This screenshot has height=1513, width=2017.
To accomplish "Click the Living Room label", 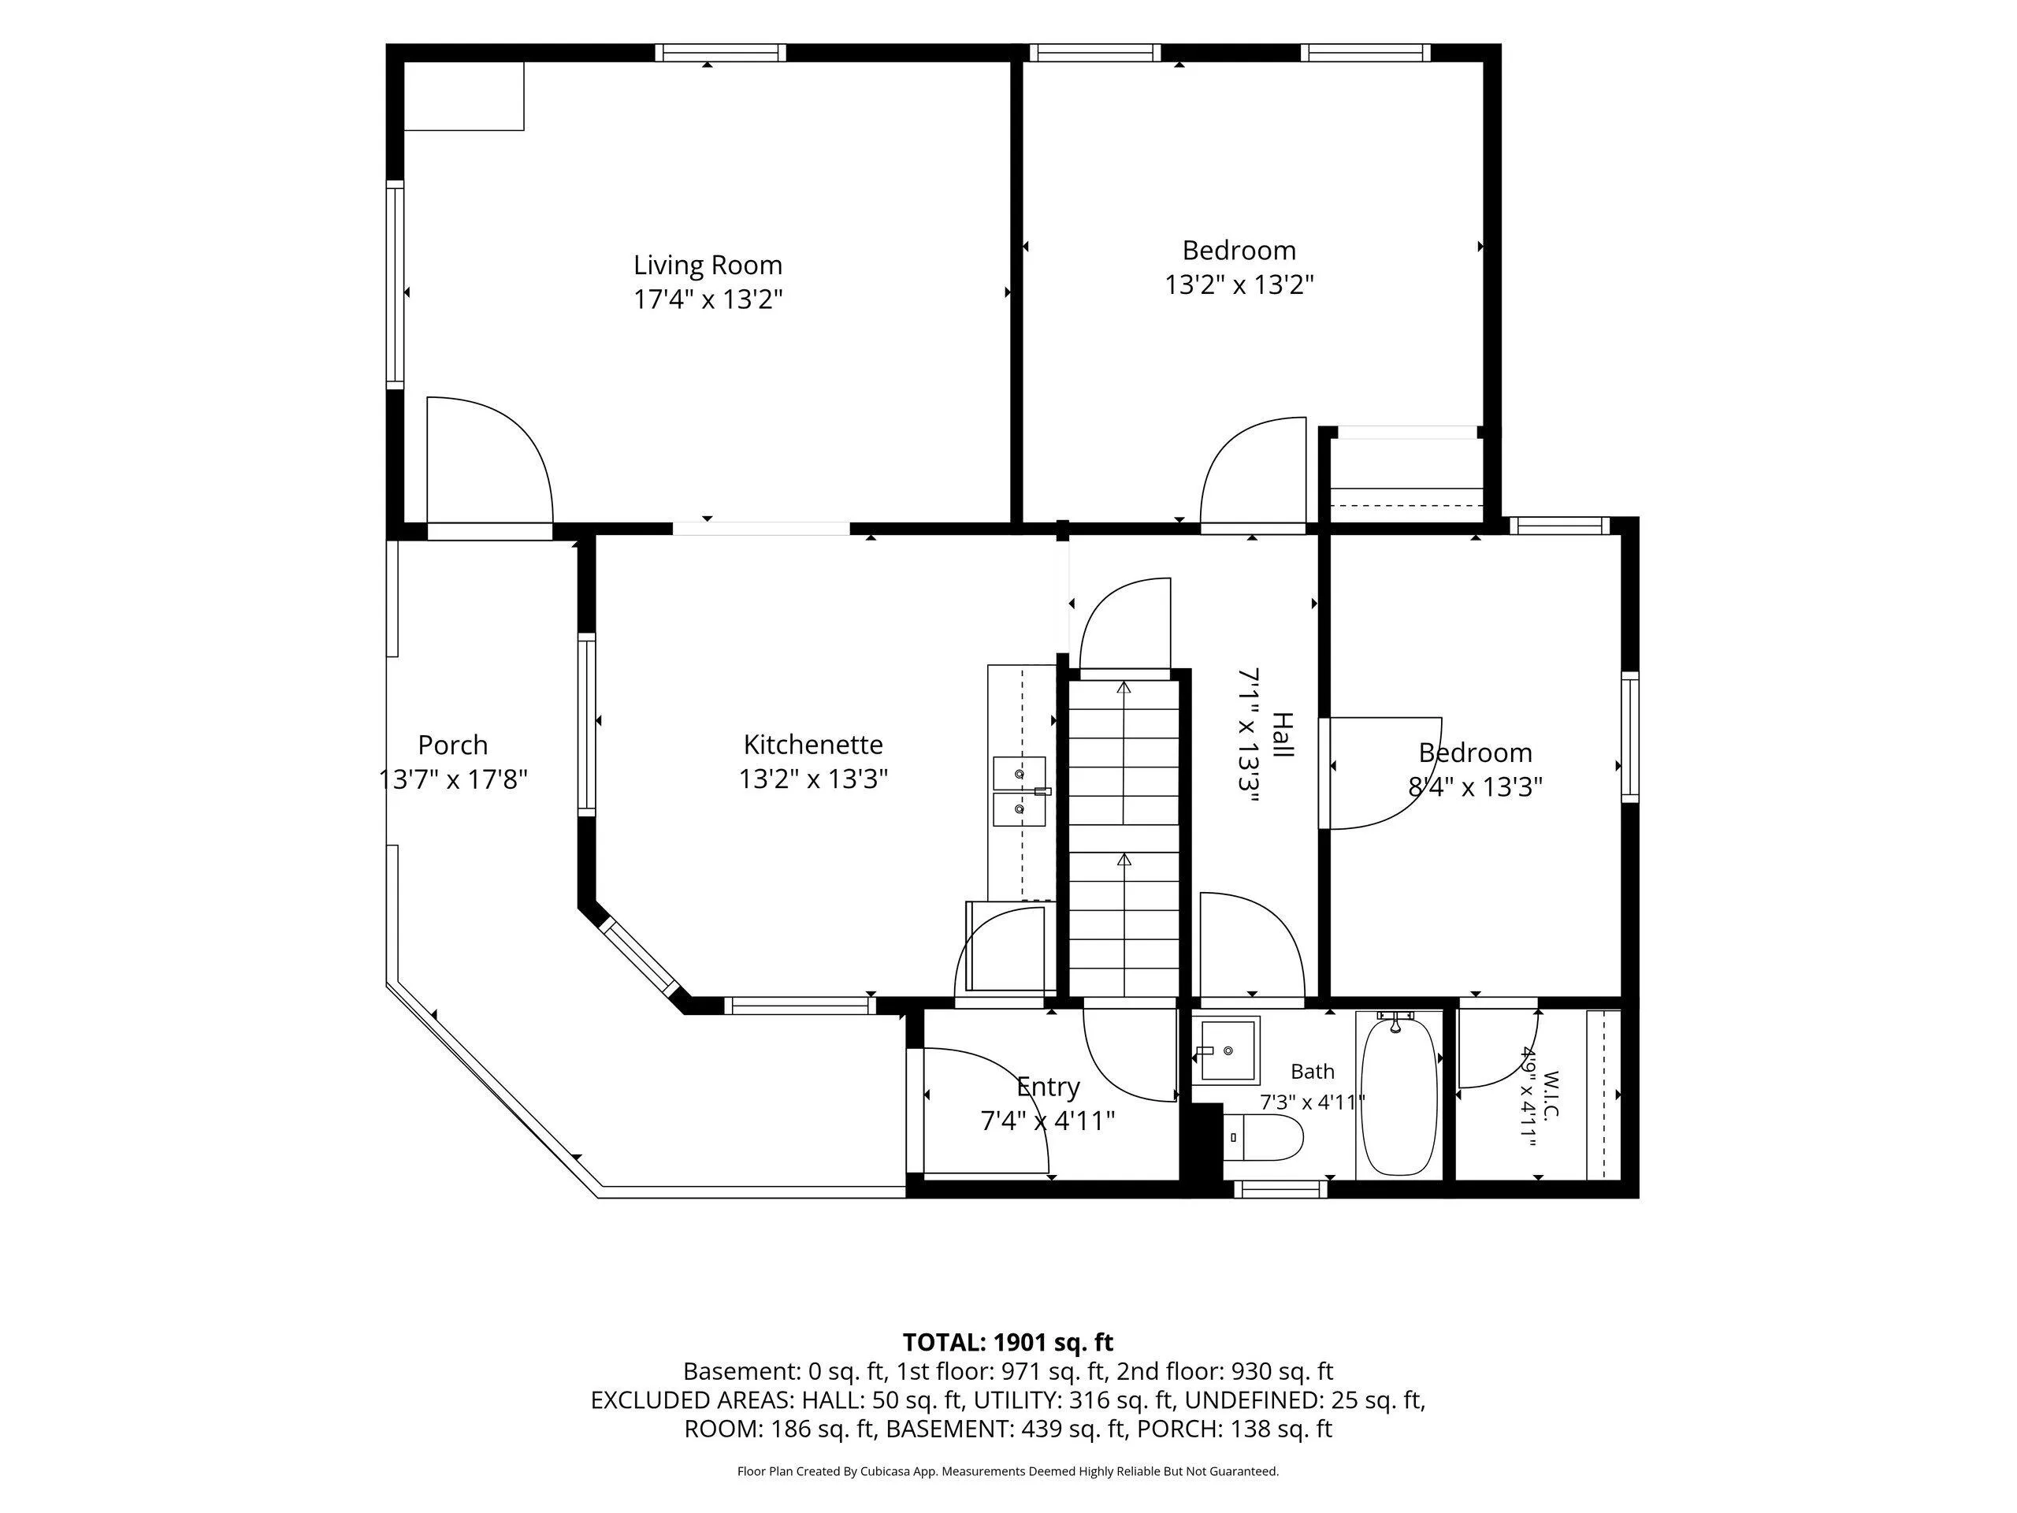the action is point(708,266).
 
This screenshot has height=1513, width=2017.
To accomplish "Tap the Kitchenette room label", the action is point(813,745).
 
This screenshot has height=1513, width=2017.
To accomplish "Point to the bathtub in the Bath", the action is point(1399,1095).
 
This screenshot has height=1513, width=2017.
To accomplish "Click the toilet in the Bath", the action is point(1263,1137).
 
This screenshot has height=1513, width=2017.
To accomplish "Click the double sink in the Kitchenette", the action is point(1020,790).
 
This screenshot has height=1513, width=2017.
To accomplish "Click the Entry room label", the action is point(1049,1087).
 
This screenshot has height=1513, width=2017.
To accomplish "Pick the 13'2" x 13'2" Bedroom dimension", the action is point(1239,285).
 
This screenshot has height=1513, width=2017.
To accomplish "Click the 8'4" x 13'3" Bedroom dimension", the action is point(1476,787).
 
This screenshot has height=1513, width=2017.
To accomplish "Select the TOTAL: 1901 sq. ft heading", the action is point(1008,1343).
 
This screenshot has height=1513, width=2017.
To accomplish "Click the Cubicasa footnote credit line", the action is point(1008,1471).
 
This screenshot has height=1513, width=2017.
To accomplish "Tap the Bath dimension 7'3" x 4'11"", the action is point(1312,1102).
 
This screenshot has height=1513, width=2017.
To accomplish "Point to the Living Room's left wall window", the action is point(395,284).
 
